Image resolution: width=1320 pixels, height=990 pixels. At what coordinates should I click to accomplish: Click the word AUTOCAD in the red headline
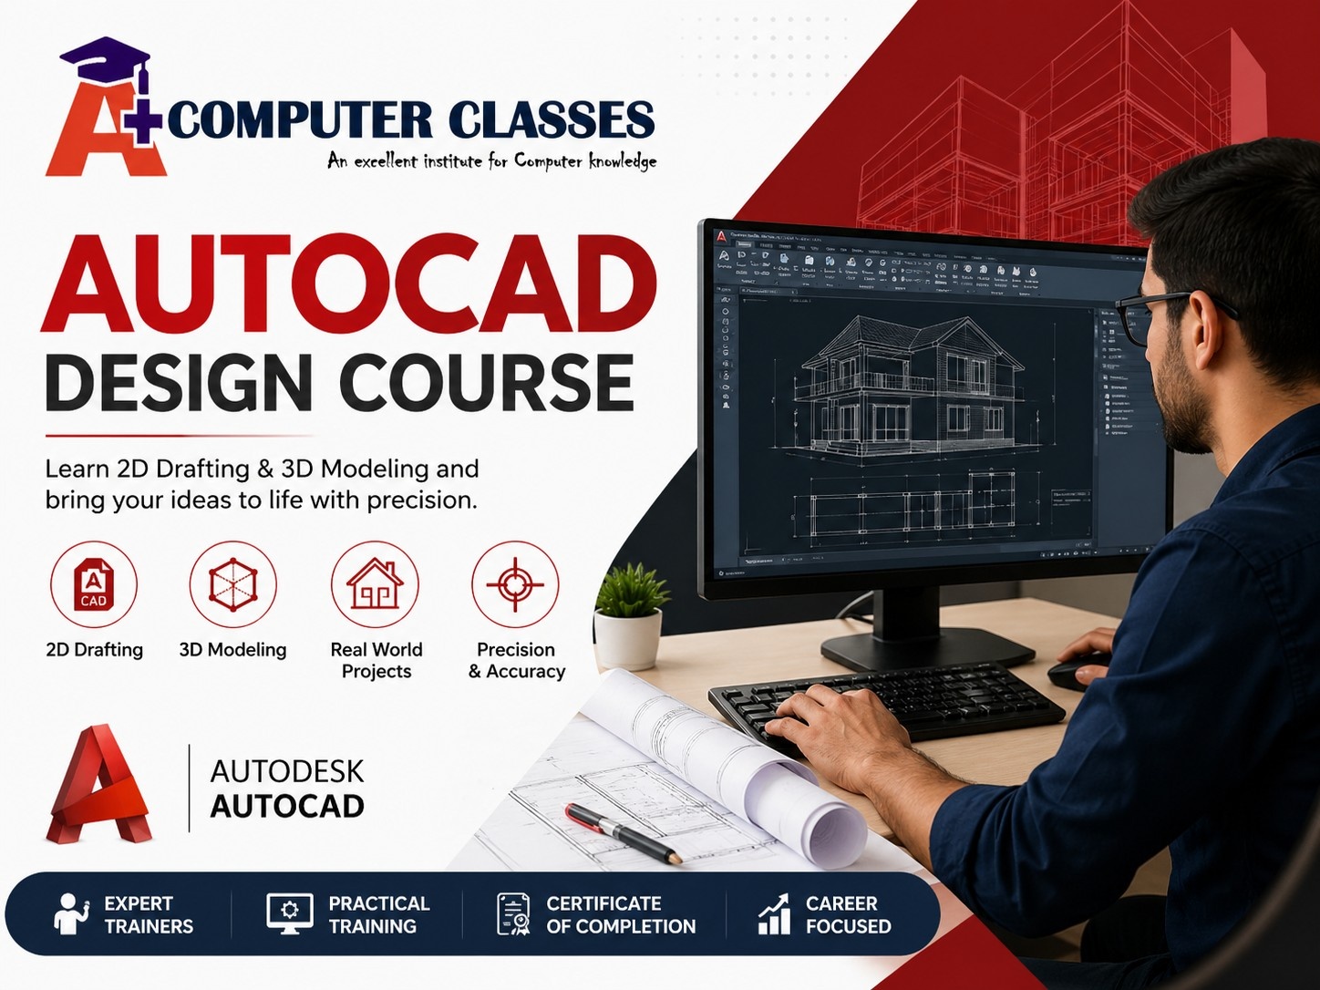click(x=349, y=285)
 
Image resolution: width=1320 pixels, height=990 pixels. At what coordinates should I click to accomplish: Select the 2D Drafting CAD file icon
click(x=94, y=585)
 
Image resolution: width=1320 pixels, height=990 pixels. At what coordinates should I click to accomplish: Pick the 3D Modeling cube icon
click(x=232, y=585)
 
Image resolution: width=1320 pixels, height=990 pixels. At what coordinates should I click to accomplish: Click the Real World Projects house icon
click(x=375, y=585)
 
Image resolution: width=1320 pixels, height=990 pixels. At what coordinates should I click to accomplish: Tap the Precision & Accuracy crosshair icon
click(x=515, y=585)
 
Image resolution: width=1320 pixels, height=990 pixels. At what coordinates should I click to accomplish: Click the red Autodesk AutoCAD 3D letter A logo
click(x=98, y=786)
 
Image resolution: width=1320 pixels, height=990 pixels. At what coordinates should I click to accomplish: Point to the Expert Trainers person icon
click(x=69, y=913)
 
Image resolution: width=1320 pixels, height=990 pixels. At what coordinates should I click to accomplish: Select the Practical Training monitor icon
click(x=290, y=913)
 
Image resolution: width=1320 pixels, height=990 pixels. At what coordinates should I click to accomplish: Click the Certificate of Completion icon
click(x=513, y=913)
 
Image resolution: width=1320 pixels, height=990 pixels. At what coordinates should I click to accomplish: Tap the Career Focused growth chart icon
click(x=774, y=913)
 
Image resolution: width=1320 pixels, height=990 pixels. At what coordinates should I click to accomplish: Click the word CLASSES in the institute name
click(x=551, y=120)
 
